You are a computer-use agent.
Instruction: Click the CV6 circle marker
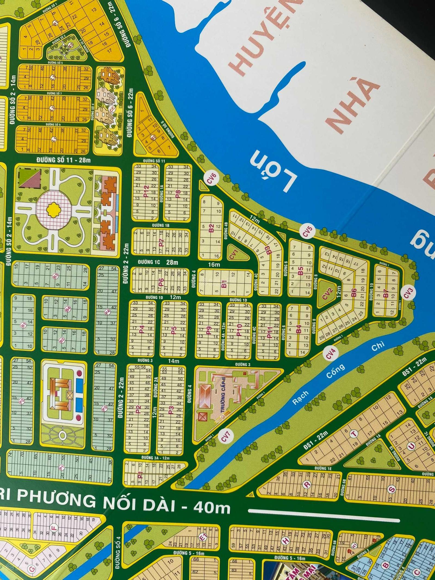[x=213, y=179]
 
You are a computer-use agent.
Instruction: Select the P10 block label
[x=239, y=330]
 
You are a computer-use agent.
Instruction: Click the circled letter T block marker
[x=353, y=434]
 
